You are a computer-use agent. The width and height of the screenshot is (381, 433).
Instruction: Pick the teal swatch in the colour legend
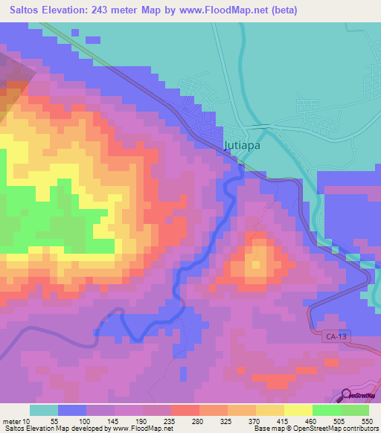[x=44, y=410]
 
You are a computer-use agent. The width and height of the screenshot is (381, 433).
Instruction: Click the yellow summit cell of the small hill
[x=256, y=265]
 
